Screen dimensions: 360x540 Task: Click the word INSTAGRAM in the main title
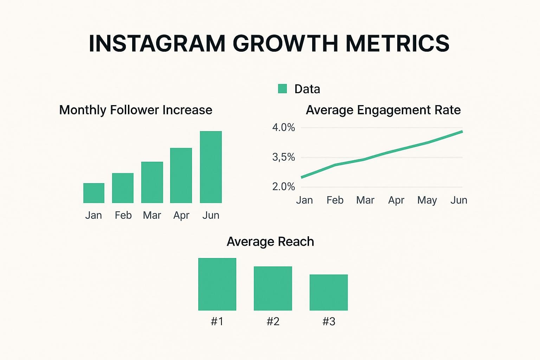pos(157,44)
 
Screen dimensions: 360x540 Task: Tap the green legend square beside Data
pos(282,89)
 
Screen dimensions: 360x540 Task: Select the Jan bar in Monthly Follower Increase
pos(94,193)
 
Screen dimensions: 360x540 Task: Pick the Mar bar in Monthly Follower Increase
pos(152,182)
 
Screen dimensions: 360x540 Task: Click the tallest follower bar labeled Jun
pos(211,167)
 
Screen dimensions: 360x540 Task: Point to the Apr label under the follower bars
pos(181,215)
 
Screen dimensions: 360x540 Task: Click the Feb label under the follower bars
pos(123,215)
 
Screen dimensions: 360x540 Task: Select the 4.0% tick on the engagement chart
pos(283,127)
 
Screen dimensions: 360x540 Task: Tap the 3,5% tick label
pos(283,157)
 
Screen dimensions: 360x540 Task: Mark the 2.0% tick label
pos(283,186)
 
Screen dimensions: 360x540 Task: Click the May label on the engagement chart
pos(427,200)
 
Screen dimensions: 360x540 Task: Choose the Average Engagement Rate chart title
pos(383,110)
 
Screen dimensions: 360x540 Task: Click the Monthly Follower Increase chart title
pos(136,110)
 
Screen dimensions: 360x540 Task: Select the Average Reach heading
pos(270,242)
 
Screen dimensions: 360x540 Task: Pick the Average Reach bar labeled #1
pos(217,284)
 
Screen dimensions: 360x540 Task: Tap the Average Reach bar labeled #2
pos(273,288)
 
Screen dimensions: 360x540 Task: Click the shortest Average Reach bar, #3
pos(329,292)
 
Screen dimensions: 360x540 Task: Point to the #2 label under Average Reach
pos(273,321)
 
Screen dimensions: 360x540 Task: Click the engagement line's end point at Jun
pos(462,131)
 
